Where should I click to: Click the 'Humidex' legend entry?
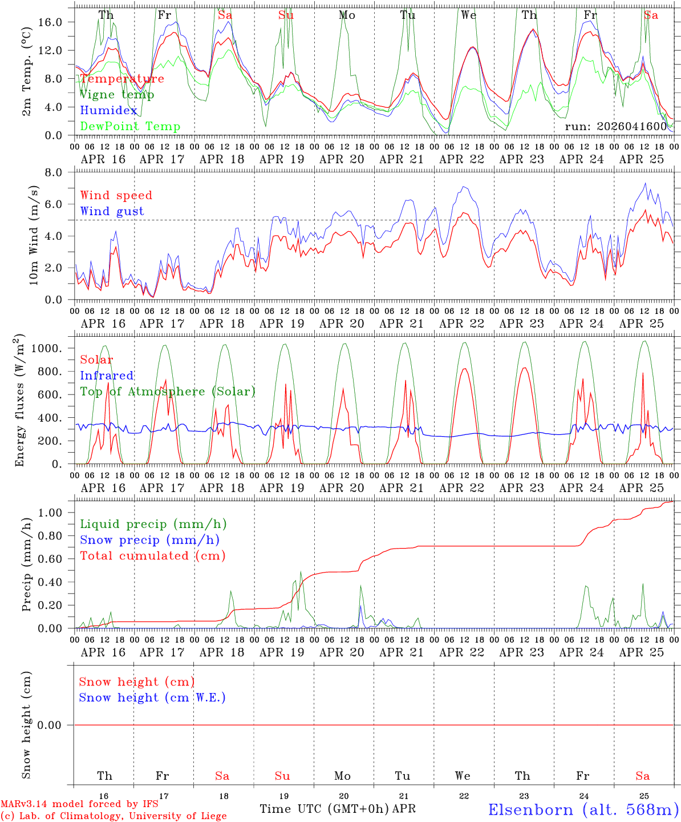click(108, 111)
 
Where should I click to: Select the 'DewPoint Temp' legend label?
click(130, 127)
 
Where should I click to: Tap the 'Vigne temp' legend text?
click(116, 95)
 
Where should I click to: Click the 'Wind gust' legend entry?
click(112, 211)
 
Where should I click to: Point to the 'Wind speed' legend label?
click(116, 195)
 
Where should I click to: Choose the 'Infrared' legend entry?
click(107, 376)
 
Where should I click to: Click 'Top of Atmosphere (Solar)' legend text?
click(167, 392)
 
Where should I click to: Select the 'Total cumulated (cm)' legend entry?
click(152, 556)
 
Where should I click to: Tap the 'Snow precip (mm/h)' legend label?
click(149, 540)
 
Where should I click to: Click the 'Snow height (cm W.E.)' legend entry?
click(152, 698)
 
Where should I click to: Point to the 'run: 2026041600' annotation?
click(615, 126)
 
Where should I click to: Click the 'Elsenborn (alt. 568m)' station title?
click(583, 809)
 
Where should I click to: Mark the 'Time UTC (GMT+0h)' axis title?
click(325, 809)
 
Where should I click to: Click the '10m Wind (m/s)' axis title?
click(34, 235)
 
